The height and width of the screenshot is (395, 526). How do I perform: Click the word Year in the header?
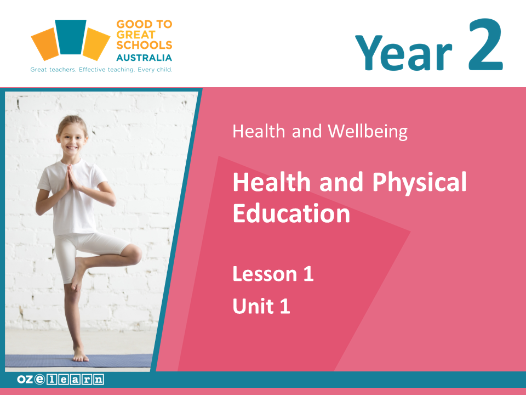click(404, 53)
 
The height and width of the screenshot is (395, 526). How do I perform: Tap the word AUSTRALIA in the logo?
click(144, 58)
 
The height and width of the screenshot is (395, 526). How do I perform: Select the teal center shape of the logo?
click(71, 37)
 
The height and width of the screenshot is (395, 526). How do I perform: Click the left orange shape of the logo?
click(45, 44)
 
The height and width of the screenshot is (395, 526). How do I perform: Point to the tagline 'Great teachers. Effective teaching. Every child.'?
click(101, 70)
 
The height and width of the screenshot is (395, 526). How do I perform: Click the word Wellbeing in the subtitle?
click(368, 131)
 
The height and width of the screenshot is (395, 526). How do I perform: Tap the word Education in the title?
click(291, 213)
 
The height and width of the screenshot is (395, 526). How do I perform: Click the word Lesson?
click(265, 274)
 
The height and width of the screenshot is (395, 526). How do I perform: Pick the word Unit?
click(253, 306)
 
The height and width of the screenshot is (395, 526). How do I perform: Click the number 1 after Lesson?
click(308, 274)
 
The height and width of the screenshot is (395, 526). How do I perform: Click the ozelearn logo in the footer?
click(60, 380)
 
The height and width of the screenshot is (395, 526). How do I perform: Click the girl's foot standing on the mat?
click(80, 355)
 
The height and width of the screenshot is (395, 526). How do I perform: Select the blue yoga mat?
click(78, 360)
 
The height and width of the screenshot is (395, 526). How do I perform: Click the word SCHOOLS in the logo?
click(144, 45)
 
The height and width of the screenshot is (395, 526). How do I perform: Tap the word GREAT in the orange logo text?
click(136, 35)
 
